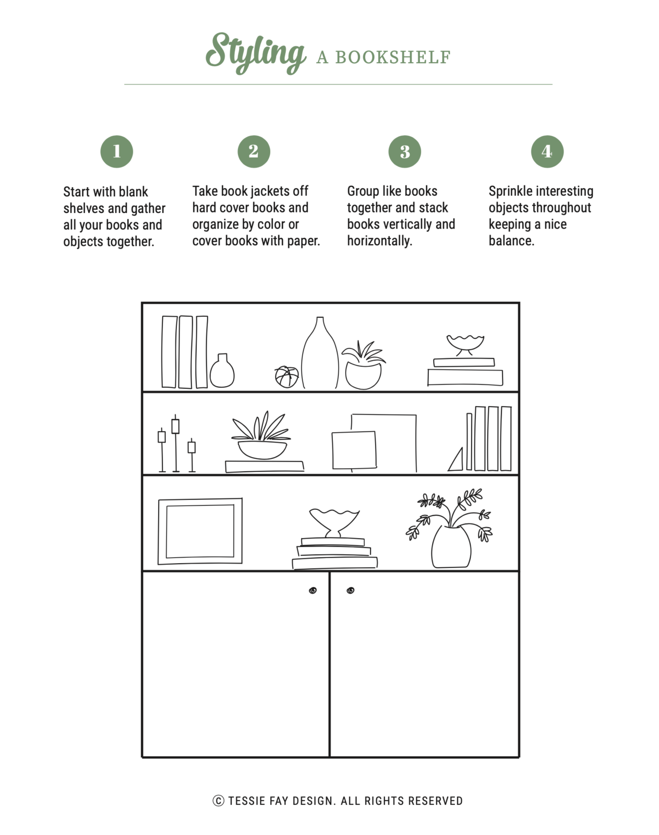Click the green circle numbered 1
point(116,151)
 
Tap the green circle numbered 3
point(404,152)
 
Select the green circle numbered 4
point(547,151)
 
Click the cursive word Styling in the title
point(255,53)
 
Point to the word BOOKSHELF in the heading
point(392,57)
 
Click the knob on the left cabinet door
point(313,590)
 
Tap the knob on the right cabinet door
point(351,590)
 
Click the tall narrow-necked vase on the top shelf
point(320,357)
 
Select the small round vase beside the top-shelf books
point(222,372)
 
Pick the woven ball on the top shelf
point(286,376)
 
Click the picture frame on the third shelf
point(200,531)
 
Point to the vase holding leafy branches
point(451,547)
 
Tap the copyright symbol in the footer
point(218,801)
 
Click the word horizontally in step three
point(379,241)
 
